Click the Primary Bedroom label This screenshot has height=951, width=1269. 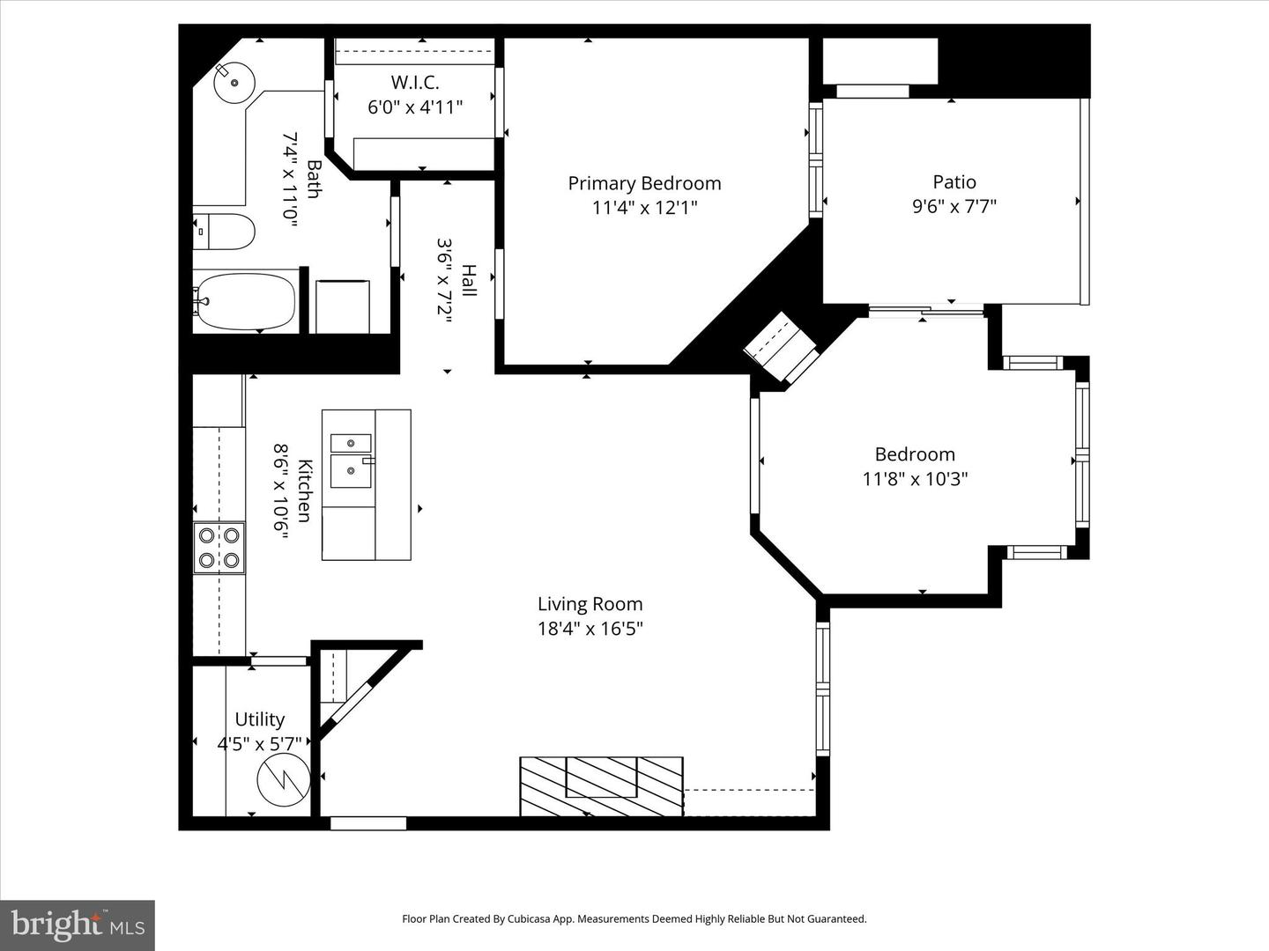click(644, 184)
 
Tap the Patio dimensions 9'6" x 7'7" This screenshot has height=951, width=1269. click(954, 206)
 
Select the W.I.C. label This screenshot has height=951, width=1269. click(415, 83)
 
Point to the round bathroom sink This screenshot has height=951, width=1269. click(234, 83)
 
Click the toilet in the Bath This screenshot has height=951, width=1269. click(224, 232)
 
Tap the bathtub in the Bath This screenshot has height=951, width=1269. click(245, 301)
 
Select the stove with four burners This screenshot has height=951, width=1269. click(219, 548)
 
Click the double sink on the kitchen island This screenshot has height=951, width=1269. click(351, 461)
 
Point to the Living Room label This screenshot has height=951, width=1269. click(590, 604)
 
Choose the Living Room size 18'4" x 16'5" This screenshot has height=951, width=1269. click(590, 628)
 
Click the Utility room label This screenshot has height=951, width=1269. click(260, 719)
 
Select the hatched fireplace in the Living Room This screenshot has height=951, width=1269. click(601, 785)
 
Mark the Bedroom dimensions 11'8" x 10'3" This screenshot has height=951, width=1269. click(916, 479)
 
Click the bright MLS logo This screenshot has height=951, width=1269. click(78, 925)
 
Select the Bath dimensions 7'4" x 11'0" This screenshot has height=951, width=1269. click(291, 180)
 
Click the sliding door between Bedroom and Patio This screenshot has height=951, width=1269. click(926, 312)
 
